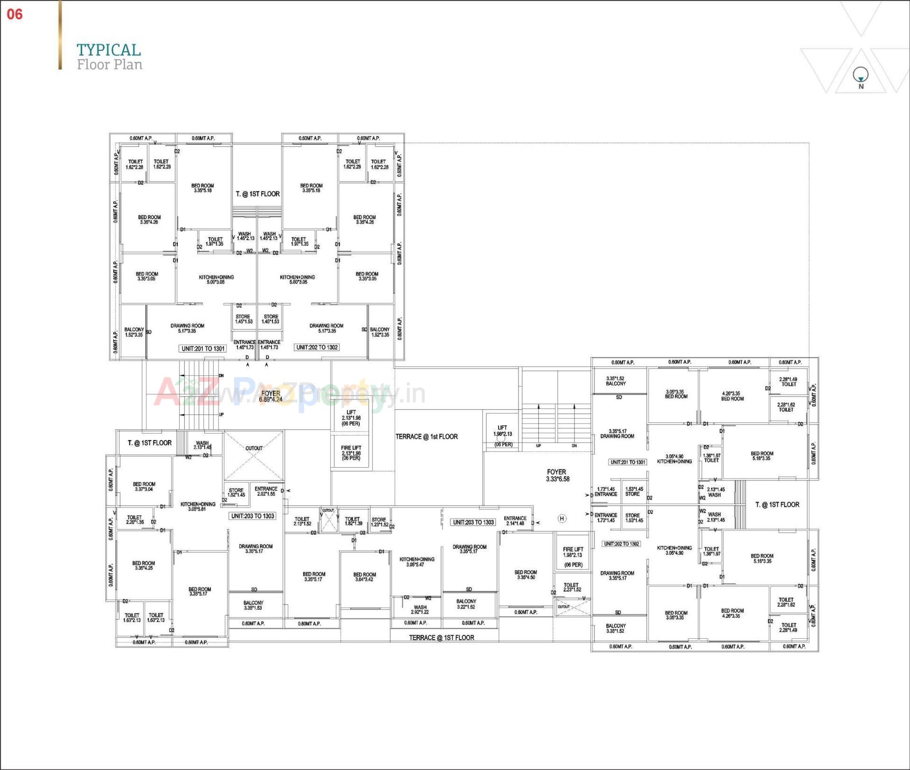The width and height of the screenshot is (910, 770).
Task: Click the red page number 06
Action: [x=15, y=14]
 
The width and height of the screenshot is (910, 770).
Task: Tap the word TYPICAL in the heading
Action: [x=109, y=50]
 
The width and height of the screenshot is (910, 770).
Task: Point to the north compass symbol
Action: [x=860, y=75]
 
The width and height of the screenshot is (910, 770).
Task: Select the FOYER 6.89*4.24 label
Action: [x=271, y=396]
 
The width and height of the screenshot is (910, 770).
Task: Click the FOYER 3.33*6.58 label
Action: [x=557, y=475]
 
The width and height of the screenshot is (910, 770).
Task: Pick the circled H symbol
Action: [x=562, y=518]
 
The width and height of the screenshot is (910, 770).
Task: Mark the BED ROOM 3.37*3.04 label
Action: [x=144, y=487]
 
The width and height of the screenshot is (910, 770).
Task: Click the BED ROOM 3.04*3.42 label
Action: [x=364, y=577]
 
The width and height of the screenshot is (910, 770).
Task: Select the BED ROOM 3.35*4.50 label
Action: [x=526, y=575]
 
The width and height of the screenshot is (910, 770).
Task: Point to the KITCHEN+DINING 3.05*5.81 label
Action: [x=198, y=507]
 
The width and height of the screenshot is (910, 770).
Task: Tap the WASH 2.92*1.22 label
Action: [x=420, y=609]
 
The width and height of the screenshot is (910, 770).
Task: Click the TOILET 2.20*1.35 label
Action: [x=135, y=520]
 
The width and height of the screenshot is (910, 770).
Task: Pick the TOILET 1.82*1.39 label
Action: [x=353, y=521]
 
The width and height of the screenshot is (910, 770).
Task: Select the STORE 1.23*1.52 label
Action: [x=379, y=522]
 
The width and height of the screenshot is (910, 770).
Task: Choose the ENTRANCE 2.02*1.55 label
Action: [x=266, y=491]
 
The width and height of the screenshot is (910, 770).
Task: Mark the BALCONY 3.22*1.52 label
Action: [x=466, y=604]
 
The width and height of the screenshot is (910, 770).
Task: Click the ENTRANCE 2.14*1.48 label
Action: [x=515, y=521]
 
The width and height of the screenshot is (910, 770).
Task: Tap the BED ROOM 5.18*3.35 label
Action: [x=762, y=456]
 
